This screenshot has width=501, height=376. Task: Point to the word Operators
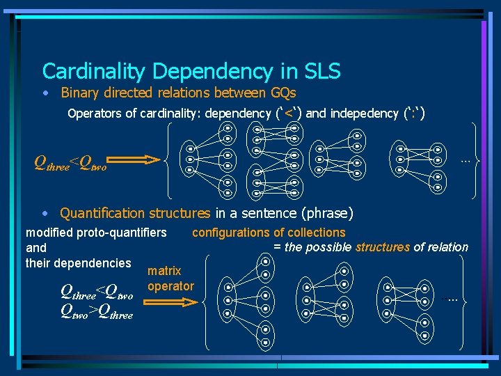pyautogui.click(x=95, y=113)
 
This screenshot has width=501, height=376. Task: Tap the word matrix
pyautogui.click(x=164, y=271)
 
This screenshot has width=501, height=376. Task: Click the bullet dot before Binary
pyautogui.click(x=45, y=93)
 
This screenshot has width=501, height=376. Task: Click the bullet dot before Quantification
pyautogui.click(x=45, y=214)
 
